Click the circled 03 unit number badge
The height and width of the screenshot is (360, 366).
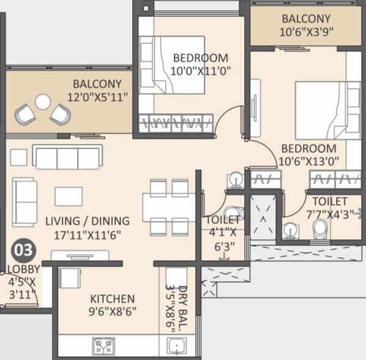coord(24,250)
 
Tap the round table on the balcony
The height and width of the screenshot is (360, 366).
coord(43,102)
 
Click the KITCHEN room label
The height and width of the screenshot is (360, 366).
coord(112,299)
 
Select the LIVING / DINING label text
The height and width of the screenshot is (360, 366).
coord(88,221)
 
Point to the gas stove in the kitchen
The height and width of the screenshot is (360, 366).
coord(103,345)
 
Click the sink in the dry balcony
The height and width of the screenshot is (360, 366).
coord(177,346)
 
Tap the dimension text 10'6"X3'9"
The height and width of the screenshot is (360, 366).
coord(306,32)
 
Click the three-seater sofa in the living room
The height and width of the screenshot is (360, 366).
coord(68,156)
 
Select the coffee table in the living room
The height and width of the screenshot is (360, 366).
coord(69,197)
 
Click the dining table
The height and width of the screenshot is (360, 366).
coord(169,208)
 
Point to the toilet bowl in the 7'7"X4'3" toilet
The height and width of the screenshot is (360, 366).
coord(319,229)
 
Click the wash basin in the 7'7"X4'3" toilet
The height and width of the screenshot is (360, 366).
coord(291,231)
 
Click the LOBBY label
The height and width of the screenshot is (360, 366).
coord(24,269)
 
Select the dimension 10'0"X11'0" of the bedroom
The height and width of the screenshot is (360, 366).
coord(201,70)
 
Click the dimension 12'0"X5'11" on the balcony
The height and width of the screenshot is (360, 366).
coord(97,97)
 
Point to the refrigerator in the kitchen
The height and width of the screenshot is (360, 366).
coord(70,278)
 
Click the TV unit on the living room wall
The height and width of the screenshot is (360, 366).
coord(80,255)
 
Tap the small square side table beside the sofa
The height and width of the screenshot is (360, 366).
coord(19,157)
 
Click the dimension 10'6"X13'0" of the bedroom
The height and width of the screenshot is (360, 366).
coord(308,161)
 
